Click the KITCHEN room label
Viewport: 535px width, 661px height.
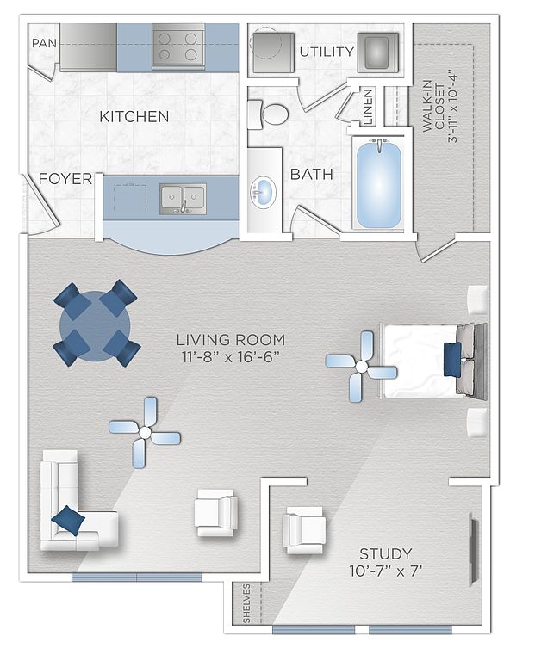134,116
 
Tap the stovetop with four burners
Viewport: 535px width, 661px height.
178,46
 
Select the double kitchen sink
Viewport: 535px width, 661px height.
183,199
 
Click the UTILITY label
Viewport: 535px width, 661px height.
327,52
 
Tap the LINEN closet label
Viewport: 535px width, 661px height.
368,107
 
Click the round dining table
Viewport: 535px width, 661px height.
96,326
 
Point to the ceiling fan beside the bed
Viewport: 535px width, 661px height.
361,367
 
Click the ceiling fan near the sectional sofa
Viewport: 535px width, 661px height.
145,433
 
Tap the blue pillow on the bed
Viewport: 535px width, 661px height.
452,359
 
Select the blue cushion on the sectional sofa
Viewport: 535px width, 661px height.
68,520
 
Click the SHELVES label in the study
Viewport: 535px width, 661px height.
247,603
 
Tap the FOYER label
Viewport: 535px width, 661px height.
65,179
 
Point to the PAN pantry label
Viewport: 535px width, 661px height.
44,43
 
